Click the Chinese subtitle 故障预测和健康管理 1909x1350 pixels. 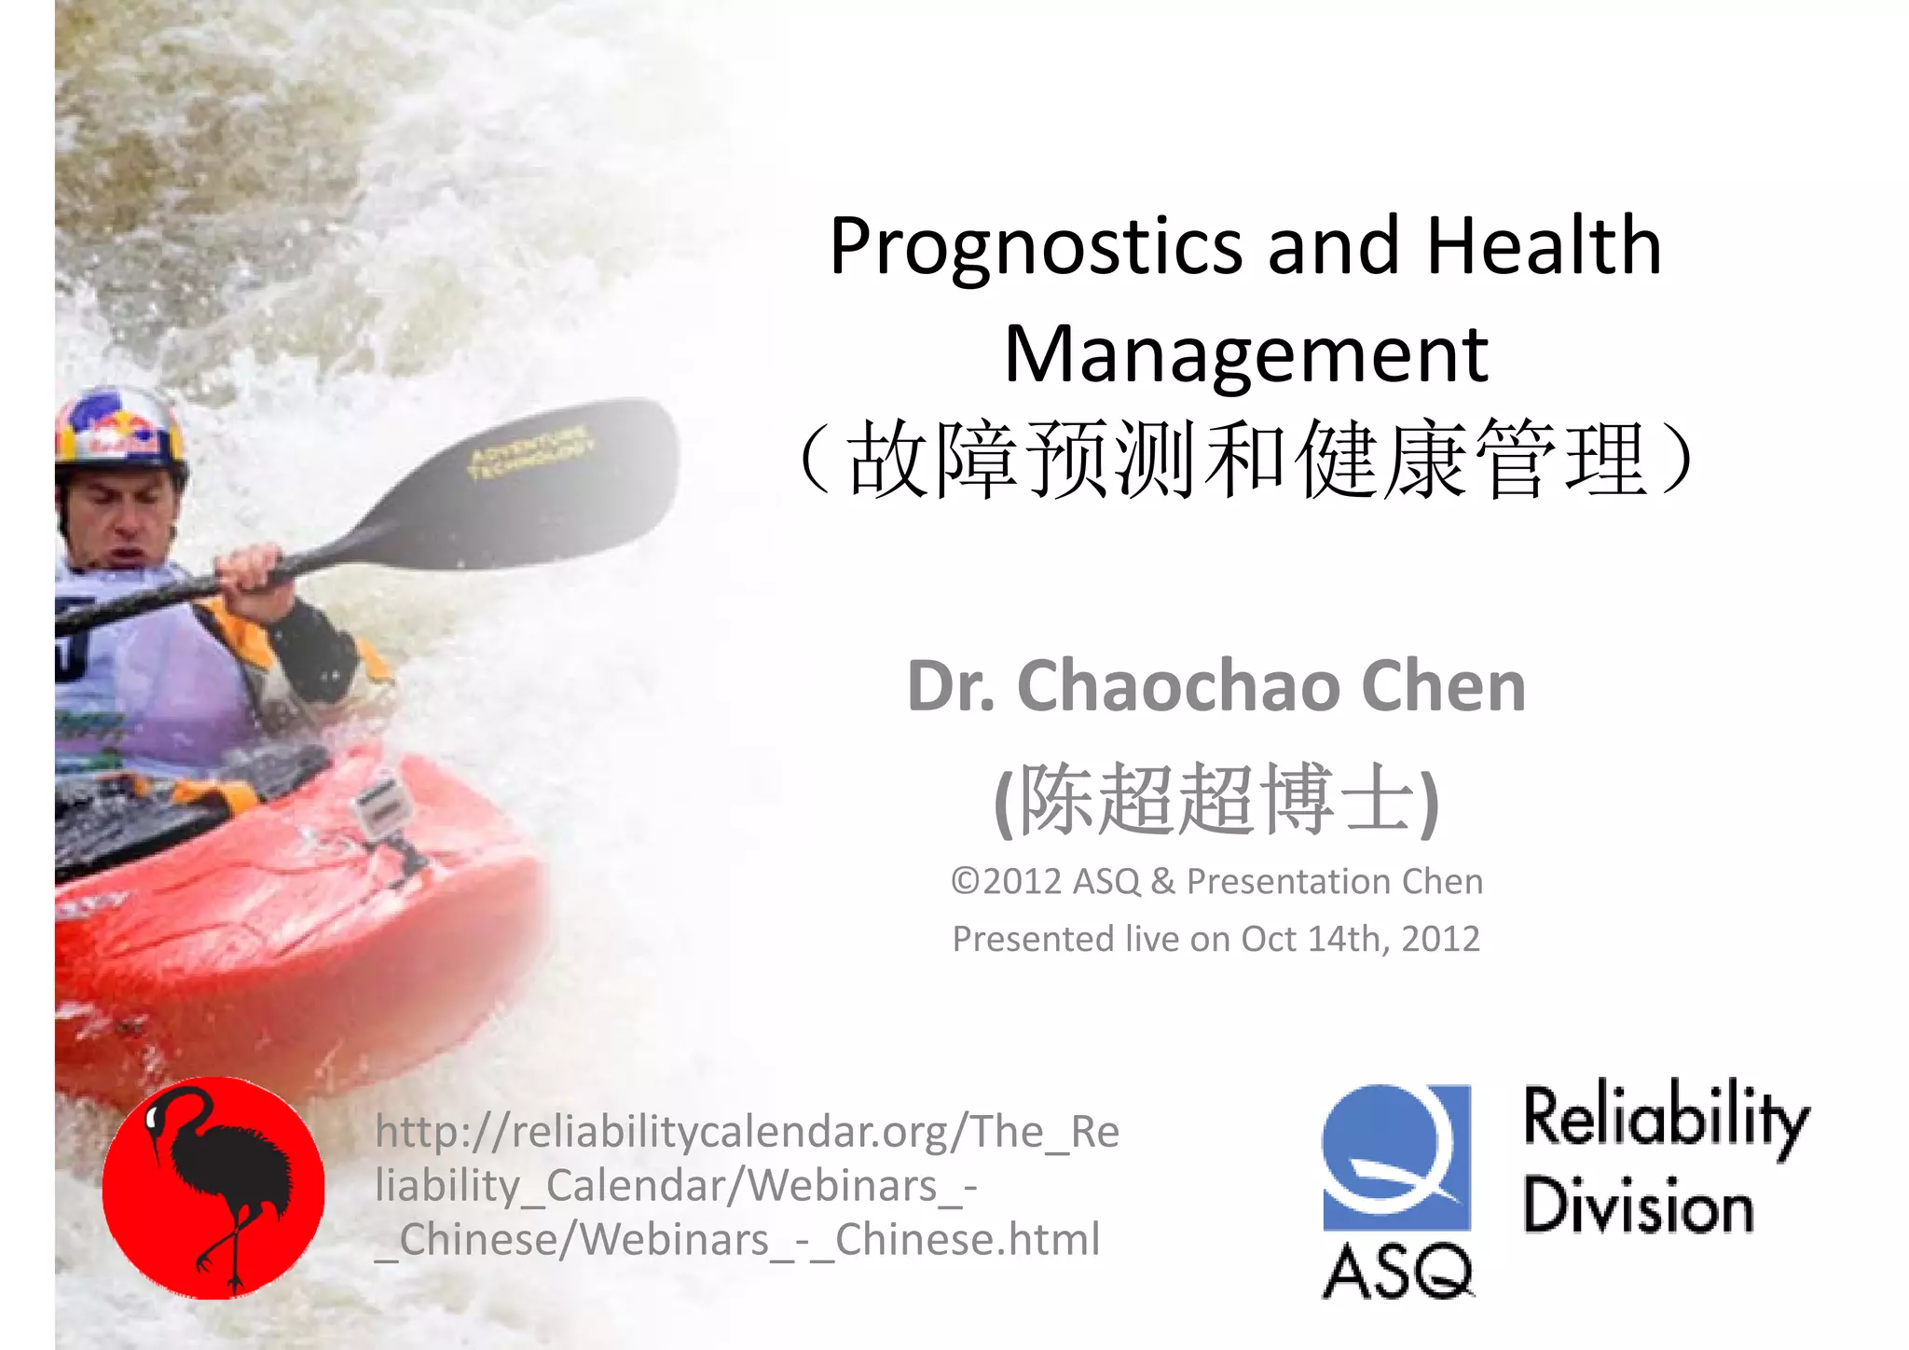click(1247, 460)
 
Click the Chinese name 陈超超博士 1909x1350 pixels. click(1216, 800)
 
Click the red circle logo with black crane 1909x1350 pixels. click(213, 1188)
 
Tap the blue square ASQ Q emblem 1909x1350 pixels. click(1395, 1157)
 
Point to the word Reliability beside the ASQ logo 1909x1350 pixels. click(1666, 1119)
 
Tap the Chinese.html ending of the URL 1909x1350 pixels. click(968, 1240)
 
